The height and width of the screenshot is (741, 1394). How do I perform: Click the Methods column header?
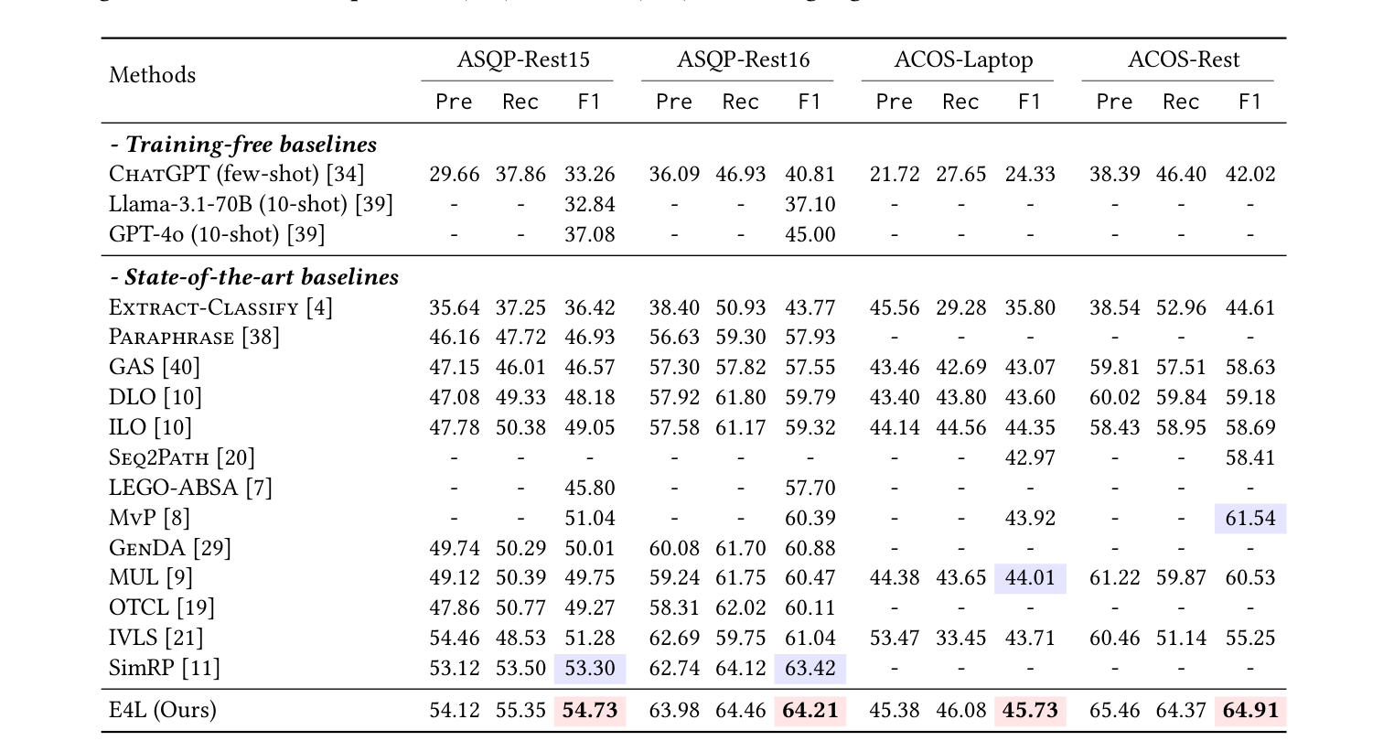point(152,75)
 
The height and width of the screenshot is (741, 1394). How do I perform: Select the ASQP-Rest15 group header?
point(523,60)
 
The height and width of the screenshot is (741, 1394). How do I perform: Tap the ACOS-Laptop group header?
point(963,60)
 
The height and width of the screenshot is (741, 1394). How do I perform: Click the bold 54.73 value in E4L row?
point(590,711)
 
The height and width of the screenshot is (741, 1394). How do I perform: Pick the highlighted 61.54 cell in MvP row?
point(1249,518)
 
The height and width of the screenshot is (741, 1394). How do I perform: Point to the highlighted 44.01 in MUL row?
point(1030,578)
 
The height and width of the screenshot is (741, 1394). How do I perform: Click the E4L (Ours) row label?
point(162,711)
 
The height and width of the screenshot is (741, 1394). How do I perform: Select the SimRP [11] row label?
point(165,668)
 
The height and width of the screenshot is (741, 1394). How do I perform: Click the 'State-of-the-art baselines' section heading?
point(253,277)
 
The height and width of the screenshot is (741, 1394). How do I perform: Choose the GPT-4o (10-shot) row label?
point(217,234)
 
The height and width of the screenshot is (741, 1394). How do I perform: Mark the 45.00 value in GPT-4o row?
point(810,234)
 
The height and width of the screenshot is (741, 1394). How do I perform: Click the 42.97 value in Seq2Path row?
point(1030,457)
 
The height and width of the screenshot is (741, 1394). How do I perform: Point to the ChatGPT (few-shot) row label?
point(237,174)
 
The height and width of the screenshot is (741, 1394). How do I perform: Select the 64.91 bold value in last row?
point(1249,711)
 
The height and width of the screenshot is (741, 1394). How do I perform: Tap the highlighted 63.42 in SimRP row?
point(810,668)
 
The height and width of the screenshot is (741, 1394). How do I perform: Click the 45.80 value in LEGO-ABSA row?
point(590,488)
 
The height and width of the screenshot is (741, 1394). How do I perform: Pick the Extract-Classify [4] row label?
point(220,307)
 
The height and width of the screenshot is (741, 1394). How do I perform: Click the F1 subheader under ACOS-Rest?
point(1249,102)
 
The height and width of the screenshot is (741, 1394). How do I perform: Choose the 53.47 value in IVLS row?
point(895,638)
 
